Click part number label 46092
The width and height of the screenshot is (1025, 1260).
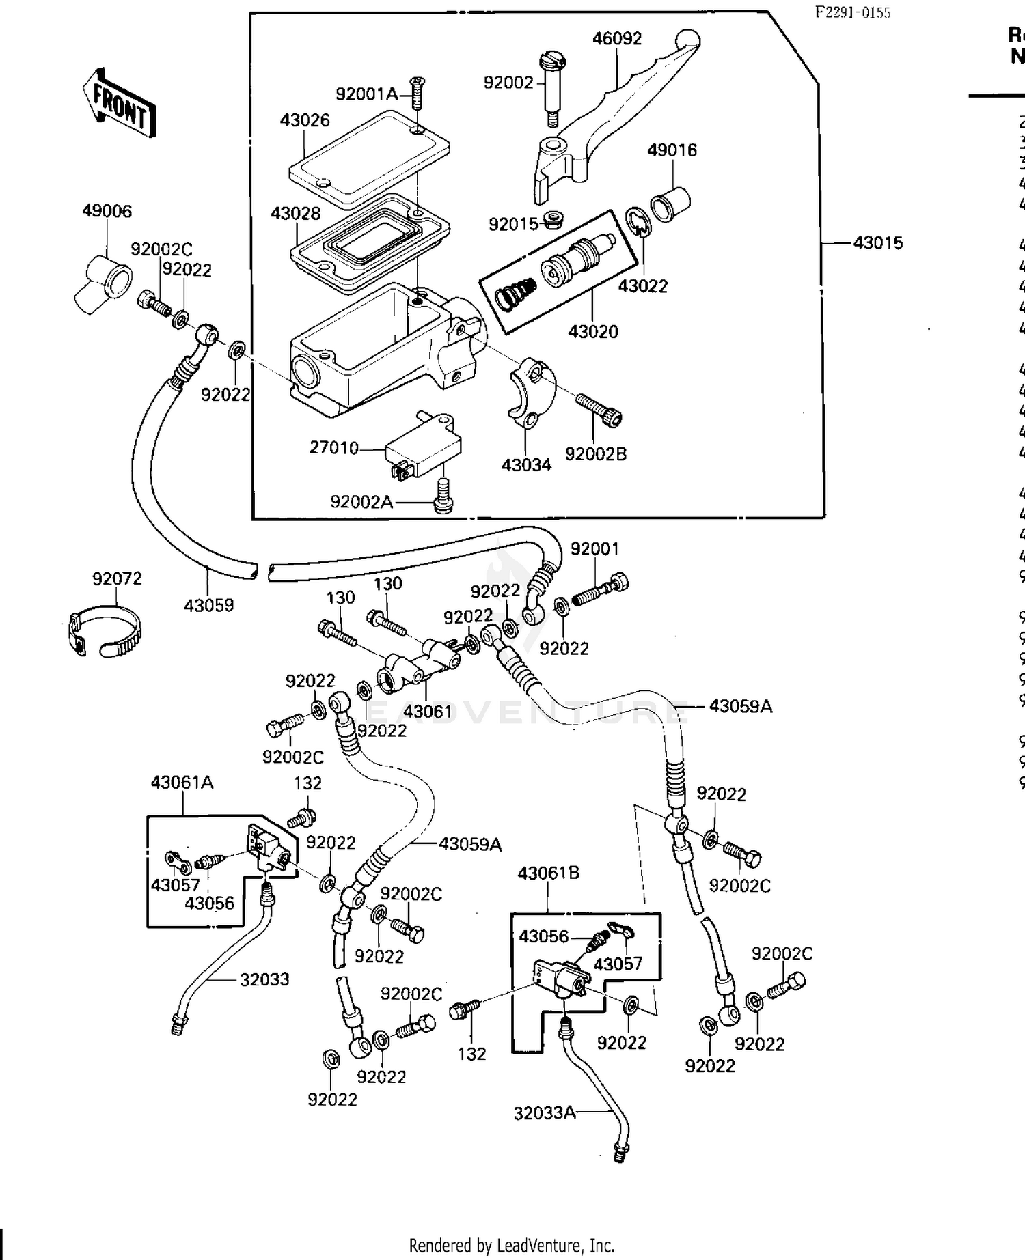point(616,38)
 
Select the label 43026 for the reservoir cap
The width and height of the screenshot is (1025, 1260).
point(305,120)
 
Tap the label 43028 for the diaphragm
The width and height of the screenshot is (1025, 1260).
point(295,214)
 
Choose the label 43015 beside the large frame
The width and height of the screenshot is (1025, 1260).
point(877,242)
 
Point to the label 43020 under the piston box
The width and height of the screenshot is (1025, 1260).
point(592,332)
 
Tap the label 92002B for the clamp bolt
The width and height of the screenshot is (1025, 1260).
point(595,454)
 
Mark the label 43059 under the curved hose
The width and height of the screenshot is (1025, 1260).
point(208,605)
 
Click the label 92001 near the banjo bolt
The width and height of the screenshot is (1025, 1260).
point(594,548)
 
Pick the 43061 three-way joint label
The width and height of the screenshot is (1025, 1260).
point(427,712)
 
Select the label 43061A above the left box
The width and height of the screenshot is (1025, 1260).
point(182,783)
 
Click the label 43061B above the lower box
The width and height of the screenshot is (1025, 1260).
point(548,873)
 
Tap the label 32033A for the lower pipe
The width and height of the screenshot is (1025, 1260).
point(545,1112)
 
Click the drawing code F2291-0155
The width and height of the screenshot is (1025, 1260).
point(853,13)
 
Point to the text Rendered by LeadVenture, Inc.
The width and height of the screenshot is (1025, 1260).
point(511,1245)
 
